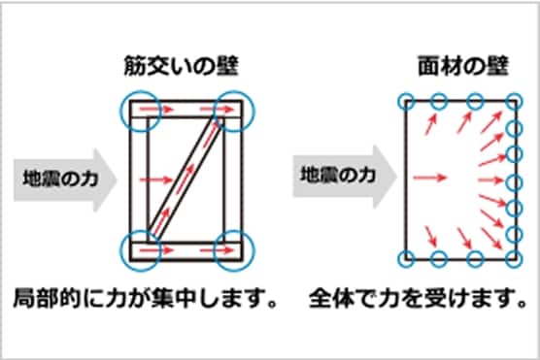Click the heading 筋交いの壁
click(x=183, y=68)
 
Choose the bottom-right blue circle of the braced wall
click(x=236, y=250)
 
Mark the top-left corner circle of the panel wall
click(x=407, y=99)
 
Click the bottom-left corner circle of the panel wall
click(x=407, y=259)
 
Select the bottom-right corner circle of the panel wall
click(x=512, y=259)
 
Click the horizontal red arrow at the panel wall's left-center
click(x=430, y=178)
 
